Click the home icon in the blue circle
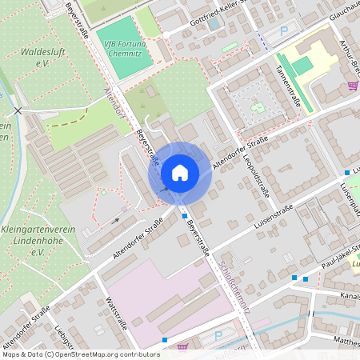pos(179,171)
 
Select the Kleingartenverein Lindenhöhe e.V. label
pos(35,241)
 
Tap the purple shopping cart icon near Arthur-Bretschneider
pos(353,85)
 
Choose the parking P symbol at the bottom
pos(218,338)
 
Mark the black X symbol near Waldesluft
pos(18,110)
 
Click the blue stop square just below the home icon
pos(185,215)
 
